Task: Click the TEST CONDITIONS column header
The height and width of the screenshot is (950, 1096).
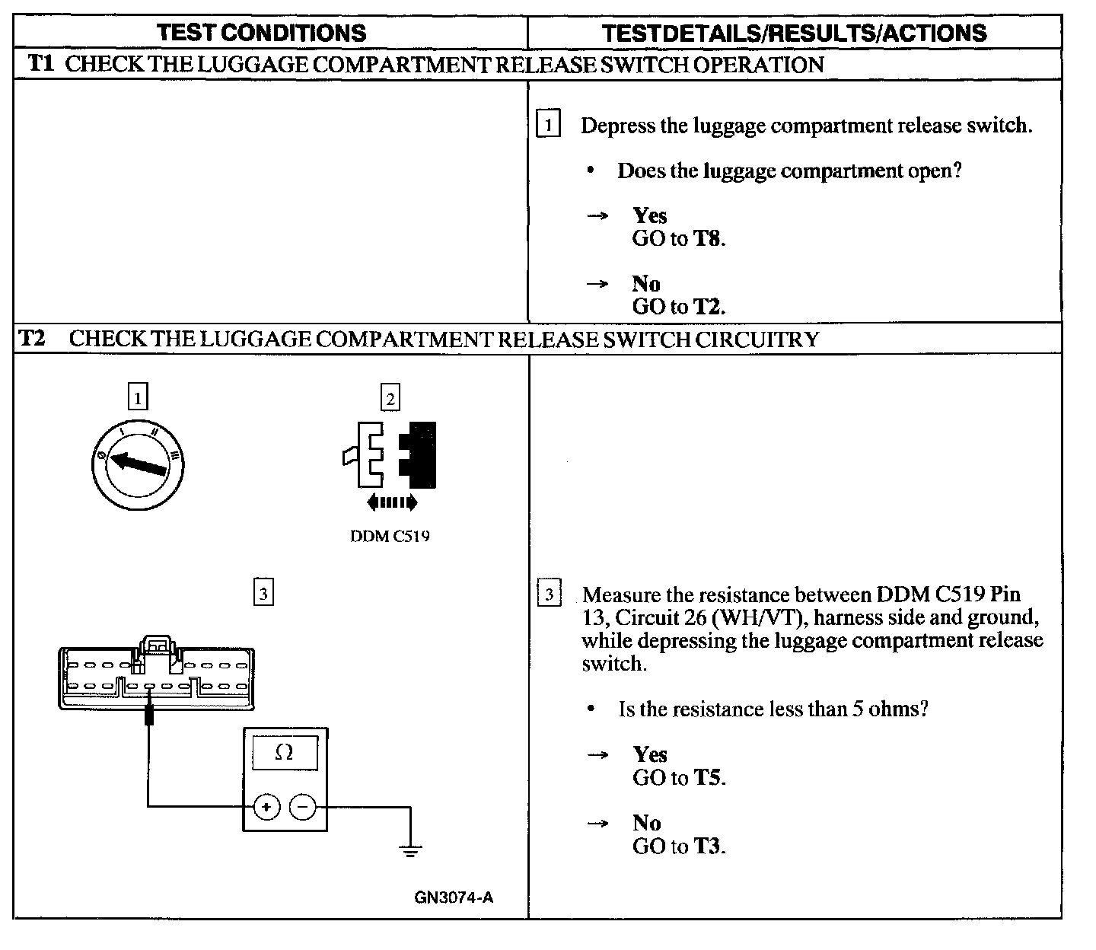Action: click(x=261, y=33)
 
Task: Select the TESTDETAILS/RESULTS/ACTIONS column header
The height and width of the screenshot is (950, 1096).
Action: click(x=794, y=33)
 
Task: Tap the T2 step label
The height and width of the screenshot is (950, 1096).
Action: click(x=31, y=338)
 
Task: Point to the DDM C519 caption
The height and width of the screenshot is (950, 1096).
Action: click(x=390, y=536)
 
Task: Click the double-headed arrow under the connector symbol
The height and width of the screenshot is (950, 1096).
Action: click(x=391, y=502)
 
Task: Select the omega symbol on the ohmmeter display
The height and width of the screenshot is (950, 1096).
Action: click(x=284, y=752)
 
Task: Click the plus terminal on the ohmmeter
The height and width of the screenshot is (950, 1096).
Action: click(x=266, y=807)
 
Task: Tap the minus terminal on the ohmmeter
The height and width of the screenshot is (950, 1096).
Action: click(x=303, y=807)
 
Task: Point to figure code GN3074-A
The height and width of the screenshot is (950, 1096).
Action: click(x=454, y=897)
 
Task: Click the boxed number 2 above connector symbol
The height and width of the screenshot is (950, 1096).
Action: click(x=390, y=398)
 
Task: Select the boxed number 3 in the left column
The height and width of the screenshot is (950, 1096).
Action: click(x=263, y=593)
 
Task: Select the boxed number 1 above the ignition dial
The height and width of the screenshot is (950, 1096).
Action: click(x=137, y=397)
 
